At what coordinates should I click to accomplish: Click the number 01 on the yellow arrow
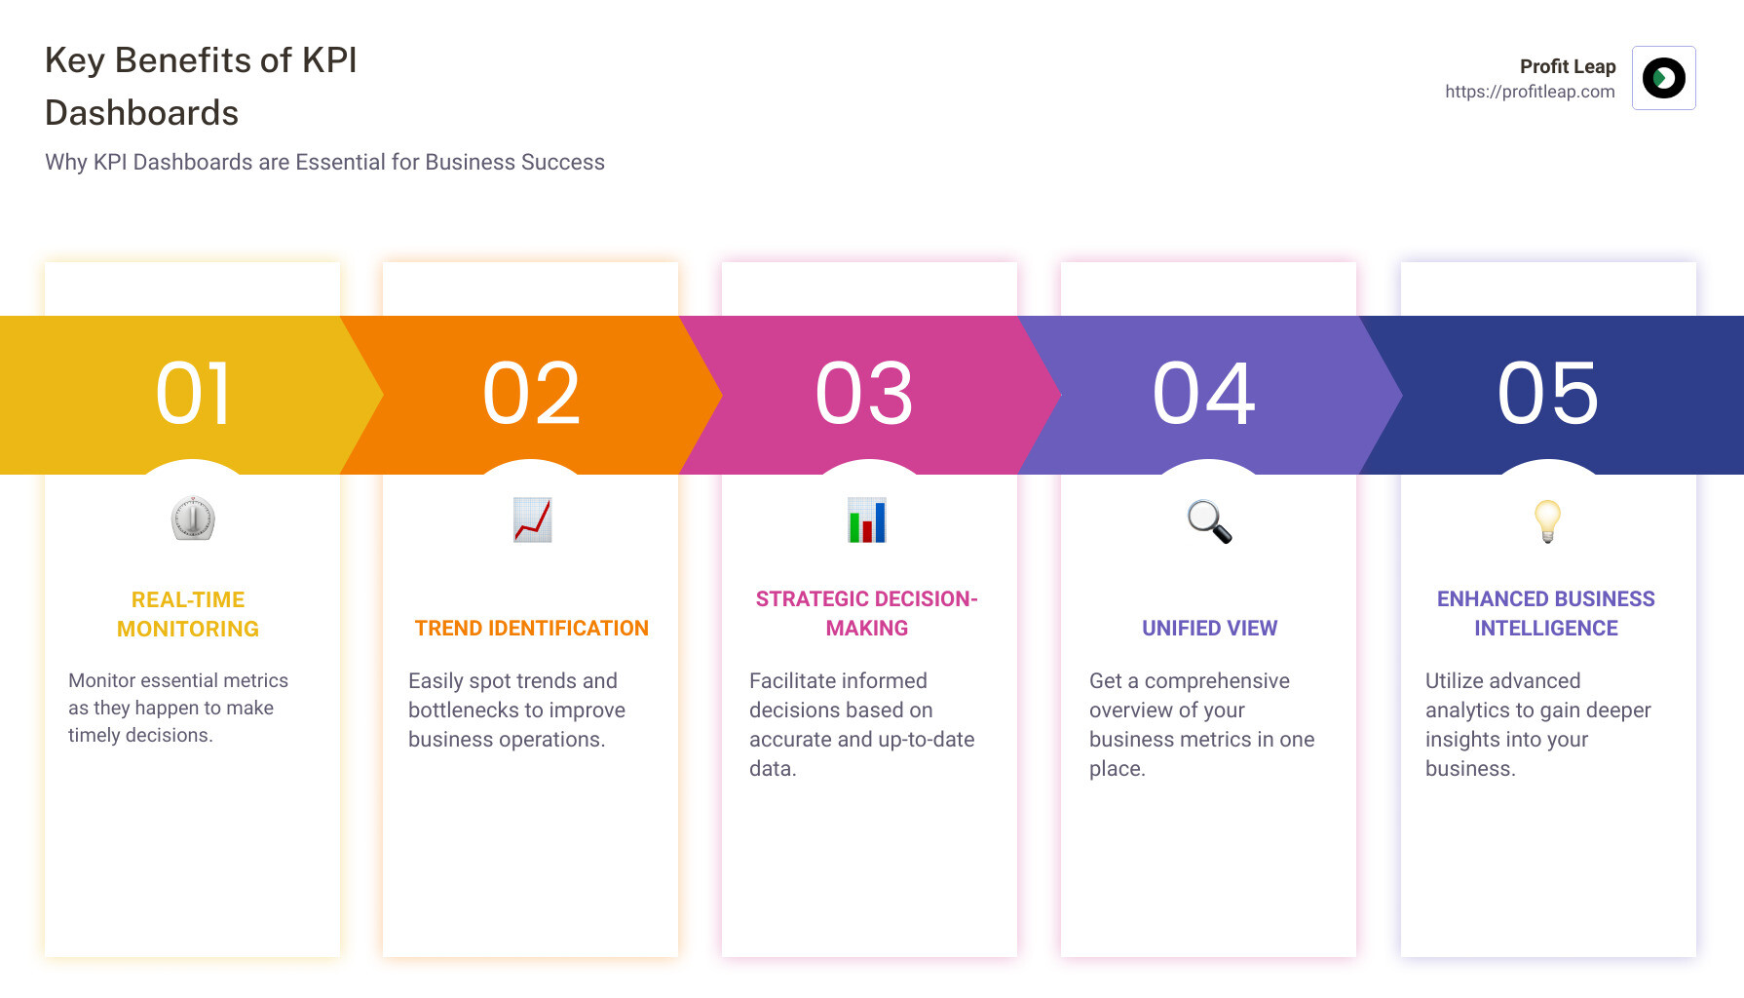point(194,394)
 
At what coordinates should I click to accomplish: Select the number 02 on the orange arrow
point(532,394)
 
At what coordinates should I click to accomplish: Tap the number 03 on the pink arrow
point(865,394)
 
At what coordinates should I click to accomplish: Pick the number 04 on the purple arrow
point(1204,394)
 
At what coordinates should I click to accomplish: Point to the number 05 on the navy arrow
point(1548,394)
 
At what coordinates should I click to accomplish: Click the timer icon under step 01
point(193,518)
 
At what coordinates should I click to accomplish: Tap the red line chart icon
point(532,519)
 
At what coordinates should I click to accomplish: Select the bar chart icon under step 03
point(867,519)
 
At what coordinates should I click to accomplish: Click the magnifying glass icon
point(1209,521)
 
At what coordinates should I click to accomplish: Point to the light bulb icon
point(1547,520)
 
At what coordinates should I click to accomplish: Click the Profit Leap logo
point(1664,78)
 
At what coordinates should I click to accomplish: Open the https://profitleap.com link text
point(1530,92)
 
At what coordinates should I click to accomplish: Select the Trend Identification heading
point(532,629)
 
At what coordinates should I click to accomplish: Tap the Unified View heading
point(1209,629)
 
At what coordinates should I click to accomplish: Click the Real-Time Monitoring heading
point(188,614)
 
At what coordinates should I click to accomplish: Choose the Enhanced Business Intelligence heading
point(1546,614)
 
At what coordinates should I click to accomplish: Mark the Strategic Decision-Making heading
point(867,614)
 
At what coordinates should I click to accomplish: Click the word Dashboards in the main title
point(142,113)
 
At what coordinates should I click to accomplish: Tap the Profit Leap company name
point(1568,66)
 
